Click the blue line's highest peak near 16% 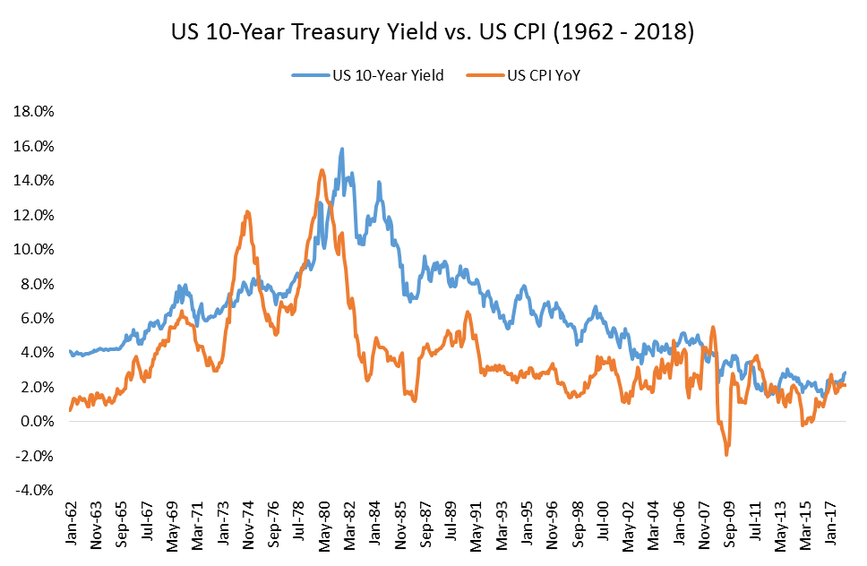[342, 150]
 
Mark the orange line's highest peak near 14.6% [322, 169]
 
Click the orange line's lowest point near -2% [726, 455]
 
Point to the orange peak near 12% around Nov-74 [247, 212]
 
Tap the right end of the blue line [845, 373]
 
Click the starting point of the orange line [70, 410]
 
